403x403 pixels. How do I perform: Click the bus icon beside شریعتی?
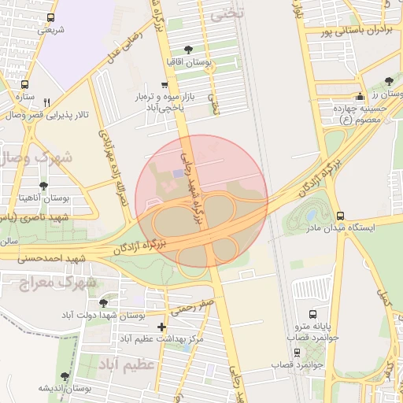[51, 17]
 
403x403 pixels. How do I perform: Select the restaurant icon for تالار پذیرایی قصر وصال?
[46, 102]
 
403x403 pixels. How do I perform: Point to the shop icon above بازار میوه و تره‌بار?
[164, 84]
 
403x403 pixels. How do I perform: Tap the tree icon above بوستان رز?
[389, 81]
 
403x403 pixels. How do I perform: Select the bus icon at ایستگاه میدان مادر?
[340, 216]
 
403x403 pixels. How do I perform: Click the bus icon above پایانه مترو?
[313, 315]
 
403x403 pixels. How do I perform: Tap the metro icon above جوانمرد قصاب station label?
[298, 353]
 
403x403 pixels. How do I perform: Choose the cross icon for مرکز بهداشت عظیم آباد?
[161, 327]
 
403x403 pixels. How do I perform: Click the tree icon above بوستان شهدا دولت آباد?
[103, 303]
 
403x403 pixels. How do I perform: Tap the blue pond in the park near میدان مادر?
[312, 215]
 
